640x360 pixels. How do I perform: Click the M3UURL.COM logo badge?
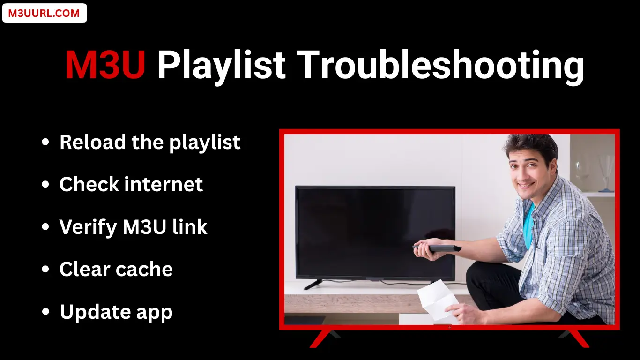[x=44, y=13]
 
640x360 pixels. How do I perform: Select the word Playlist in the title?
[x=221, y=66]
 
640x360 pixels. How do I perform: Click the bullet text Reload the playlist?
[x=150, y=142]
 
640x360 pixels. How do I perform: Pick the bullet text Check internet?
[x=131, y=185]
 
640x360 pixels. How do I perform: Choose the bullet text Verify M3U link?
[x=133, y=227]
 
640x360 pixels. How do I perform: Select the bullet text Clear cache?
[x=116, y=270]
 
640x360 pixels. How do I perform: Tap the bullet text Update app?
[x=116, y=312]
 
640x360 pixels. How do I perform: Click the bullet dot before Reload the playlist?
[x=45, y=142]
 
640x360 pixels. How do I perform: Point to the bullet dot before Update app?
[x=45, y=312]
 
